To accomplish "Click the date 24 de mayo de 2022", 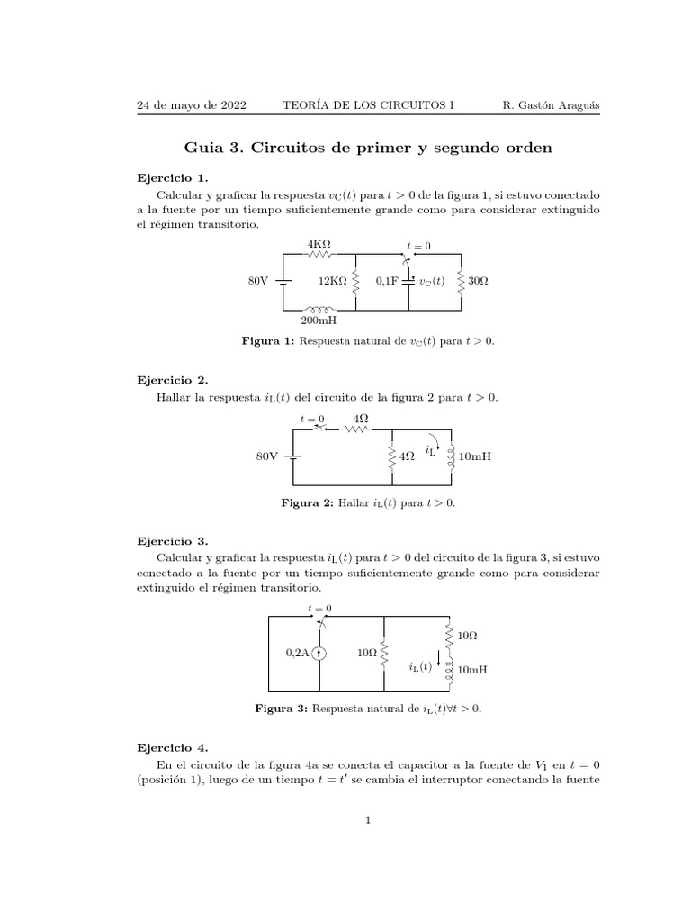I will point(192,105).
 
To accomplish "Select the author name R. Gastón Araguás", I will point(550,105).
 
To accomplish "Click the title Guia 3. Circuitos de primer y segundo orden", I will point(367,147).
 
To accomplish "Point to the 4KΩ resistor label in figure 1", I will point(319,244).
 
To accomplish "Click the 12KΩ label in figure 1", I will point(331,282).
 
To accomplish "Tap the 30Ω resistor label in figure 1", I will point(478,282).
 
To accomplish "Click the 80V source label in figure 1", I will point(258,282).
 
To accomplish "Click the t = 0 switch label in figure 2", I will point(312,419).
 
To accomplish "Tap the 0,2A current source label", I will point(300,654).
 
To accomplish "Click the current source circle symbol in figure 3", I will point(320,654).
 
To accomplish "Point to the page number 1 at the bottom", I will point(368,820).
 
